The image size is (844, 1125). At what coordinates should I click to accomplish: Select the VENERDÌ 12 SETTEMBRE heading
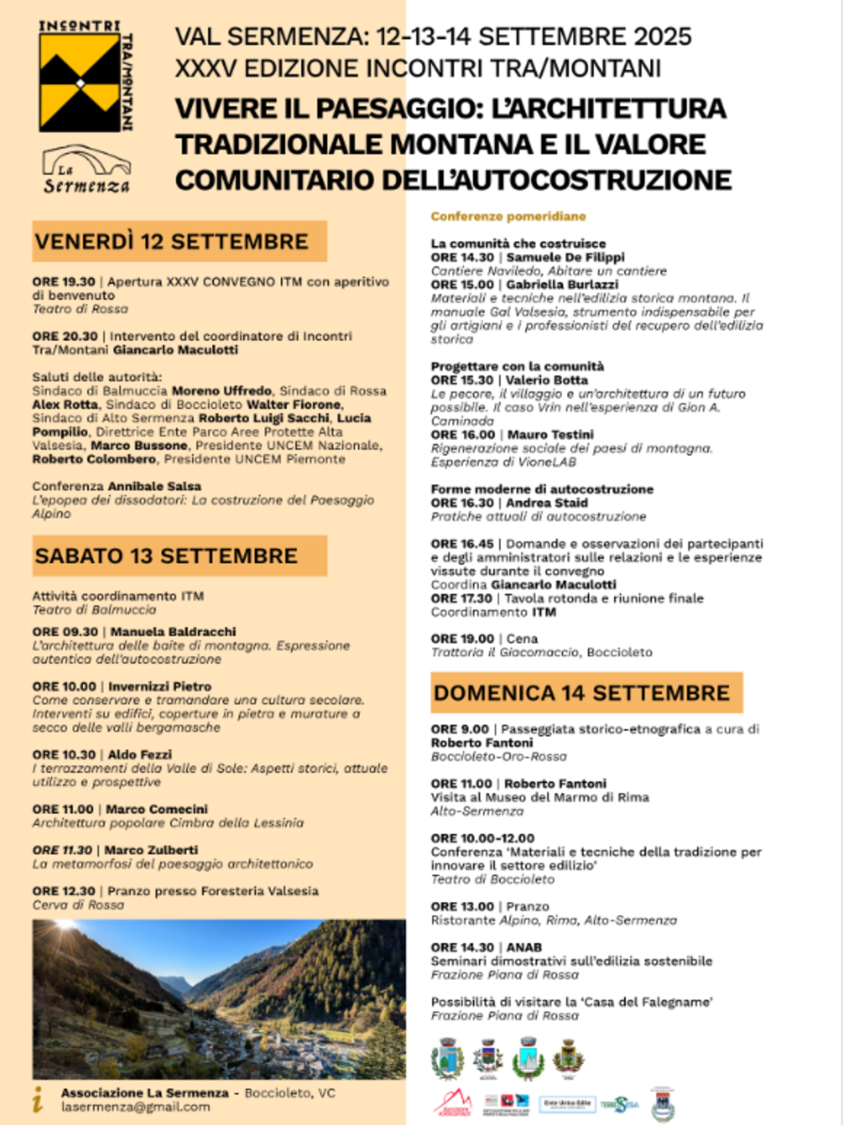coord(172,241)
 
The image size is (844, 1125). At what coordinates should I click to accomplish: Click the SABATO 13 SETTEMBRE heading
coord(166,556)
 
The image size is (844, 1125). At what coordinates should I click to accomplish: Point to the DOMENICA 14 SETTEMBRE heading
coord(581,693)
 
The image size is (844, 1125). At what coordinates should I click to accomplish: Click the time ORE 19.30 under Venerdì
coord(63,281)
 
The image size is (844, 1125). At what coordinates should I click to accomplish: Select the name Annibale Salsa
coord(154,486)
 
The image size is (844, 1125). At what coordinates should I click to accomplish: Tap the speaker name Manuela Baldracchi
coord(173,631)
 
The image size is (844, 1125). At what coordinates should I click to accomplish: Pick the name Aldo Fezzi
coord(140,754)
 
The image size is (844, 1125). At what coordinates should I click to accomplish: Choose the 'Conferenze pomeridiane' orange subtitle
coord(508,216)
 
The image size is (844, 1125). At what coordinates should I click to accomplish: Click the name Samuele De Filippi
coord(566,257)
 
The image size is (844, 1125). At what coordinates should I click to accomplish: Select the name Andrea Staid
coord(547,502)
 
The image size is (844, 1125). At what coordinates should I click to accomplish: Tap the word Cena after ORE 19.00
coord(522,639)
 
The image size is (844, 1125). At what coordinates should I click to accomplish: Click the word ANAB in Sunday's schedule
coord(524,947)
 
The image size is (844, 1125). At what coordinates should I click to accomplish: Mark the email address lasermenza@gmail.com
coord(136,1107)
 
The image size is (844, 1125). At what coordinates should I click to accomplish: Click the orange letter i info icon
coord(38,1100)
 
